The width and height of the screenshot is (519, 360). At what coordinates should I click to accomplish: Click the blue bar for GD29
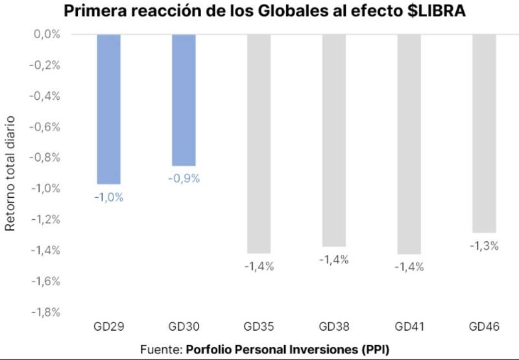[108, 109]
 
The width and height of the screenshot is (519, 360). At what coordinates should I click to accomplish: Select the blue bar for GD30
[184, 100]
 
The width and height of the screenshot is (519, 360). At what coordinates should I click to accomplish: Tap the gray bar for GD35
[259, 143]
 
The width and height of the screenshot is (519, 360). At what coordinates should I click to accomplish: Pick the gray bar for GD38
[334, 140]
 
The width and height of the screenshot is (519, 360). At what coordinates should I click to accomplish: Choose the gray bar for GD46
[485, 133]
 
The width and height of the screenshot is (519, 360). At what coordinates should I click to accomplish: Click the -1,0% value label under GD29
[108, 197]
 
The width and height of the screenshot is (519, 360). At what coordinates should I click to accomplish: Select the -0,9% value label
[184, 179]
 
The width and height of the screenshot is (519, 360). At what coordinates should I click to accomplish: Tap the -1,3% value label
[485, 246]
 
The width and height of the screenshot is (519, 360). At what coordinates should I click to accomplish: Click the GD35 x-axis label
[259, 328]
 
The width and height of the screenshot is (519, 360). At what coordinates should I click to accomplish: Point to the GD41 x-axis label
[409, 328]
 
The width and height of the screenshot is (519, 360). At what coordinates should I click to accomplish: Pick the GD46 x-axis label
[485, 328]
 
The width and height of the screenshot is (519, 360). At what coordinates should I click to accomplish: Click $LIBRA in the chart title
[431, 12]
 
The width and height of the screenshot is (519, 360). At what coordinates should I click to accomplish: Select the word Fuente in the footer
[160, 350]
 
